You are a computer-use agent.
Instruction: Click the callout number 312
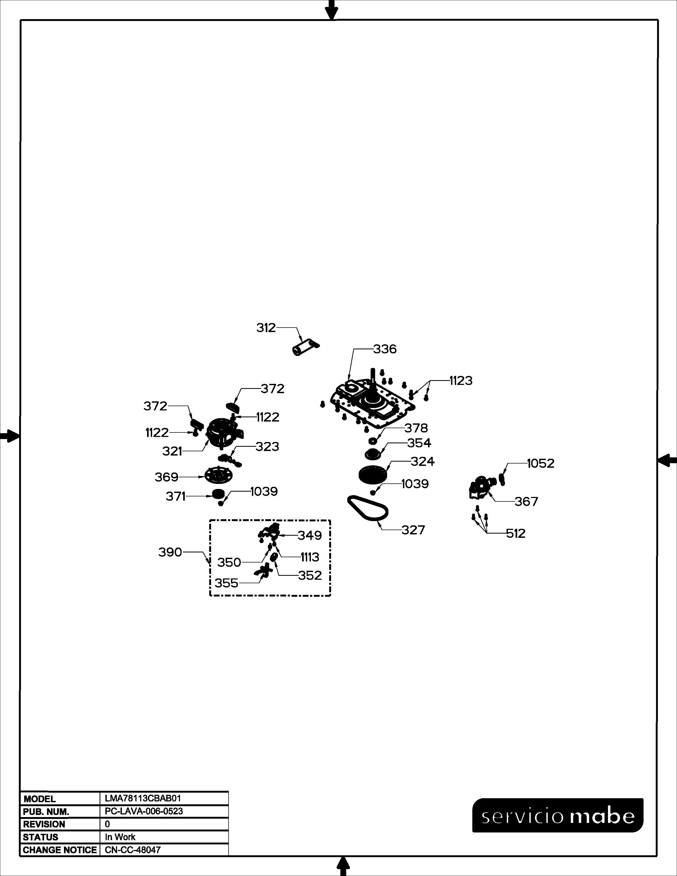[x=266, y=328]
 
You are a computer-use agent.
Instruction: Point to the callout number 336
[x=385, y=349]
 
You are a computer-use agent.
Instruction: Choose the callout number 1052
[x=540, y=463]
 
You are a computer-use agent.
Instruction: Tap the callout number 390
[x=170, y=552]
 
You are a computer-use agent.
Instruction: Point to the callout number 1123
[x=461, y=380]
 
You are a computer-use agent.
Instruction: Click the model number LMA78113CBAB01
[x=143, y=798]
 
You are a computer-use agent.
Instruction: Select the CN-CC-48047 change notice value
[x=132, y=849]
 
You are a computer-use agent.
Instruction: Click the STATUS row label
[x=41, y=837]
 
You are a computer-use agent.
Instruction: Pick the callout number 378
[x=416, y=428]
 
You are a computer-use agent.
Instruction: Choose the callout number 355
[x=226, y=583]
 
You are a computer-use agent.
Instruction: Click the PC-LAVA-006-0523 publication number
[x=144, y=811]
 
